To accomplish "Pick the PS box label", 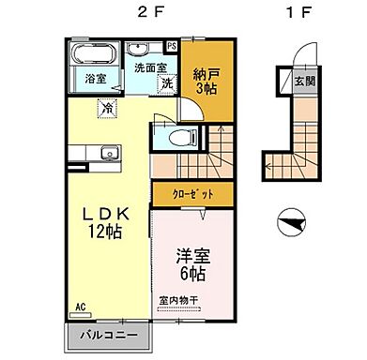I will (x=171, y=45).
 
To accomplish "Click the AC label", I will (x=81, y=307).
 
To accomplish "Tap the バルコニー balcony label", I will (x=108, y=334).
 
